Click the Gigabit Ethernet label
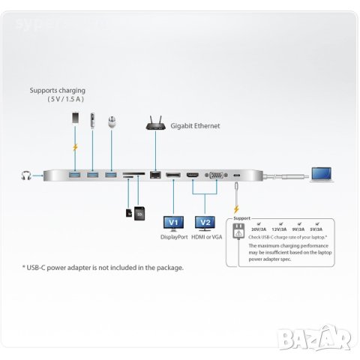pyautogui.click(x=196, y=127)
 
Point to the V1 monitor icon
pyautogui.click(x=173, y=223)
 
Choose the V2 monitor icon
pyautogui.click(x=203, y=223)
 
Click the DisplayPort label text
pyautogui.click(x=174, y=237)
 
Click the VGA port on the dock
pyautogui.click(x=213, y=175)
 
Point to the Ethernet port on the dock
pyautogui.click(x=155, y=175)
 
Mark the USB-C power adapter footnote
pyautogui.click(x=103, y=267)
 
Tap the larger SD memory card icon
pyautogui.click(x=139, y=213)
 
